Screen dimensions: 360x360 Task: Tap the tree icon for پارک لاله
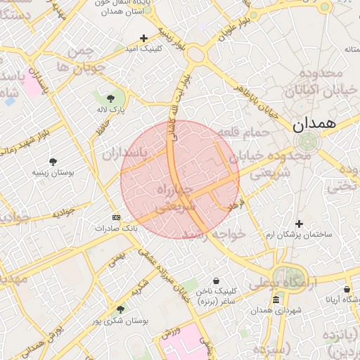[111, 98]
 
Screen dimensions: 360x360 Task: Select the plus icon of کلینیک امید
[144, 38]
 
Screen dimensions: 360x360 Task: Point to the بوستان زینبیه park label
[53, 172]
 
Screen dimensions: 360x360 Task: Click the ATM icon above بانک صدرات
[116, 217]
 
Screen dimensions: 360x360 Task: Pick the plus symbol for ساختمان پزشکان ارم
[300, 223]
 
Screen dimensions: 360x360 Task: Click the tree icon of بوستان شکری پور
[120, 309]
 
